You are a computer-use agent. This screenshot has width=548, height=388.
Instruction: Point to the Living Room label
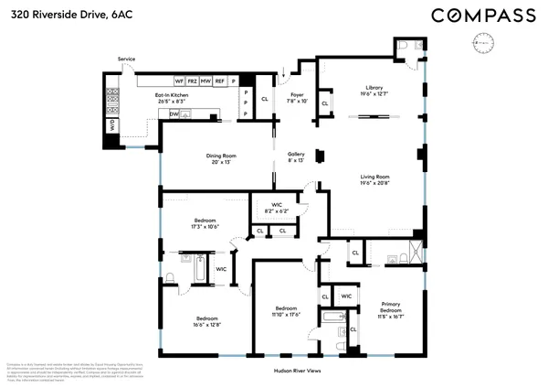tap(374, 179)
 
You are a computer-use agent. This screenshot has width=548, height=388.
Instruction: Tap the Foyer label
tap(296, 97)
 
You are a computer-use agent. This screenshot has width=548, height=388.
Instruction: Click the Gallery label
tap(296, 156)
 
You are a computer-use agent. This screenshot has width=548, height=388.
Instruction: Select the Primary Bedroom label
tap(391, 307)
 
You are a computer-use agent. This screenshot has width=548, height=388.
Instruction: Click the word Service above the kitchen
tap(126, 59)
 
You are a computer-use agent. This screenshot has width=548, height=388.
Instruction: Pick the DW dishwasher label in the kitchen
tap(174, 115)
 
